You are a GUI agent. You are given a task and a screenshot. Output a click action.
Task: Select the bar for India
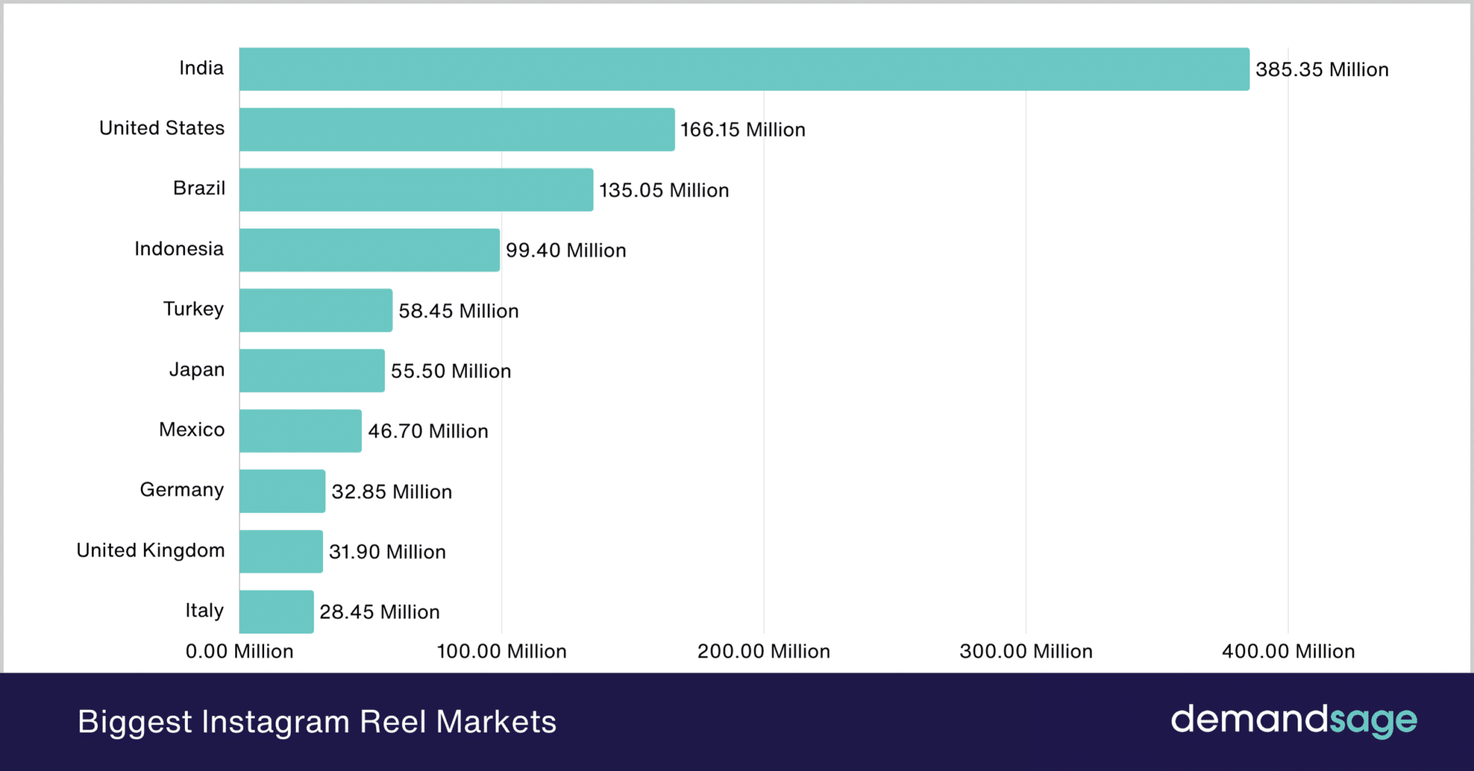tap(744, 69)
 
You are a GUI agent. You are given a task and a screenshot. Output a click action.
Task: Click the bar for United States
tap(457, 130)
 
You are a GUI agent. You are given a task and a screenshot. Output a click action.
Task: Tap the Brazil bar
tap(416, 190)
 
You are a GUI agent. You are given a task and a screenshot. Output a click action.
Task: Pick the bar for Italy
tap(276, 612)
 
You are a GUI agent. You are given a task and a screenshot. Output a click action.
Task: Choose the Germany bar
tap(282, 491)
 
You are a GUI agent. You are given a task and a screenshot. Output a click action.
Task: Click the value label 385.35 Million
tap(1322, 70)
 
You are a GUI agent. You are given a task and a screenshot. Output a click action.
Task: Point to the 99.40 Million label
tap(566, 251)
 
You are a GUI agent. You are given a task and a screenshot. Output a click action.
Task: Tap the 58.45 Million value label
tap(458, 311)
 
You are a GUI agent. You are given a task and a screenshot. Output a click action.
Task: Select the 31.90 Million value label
tap(387, 552)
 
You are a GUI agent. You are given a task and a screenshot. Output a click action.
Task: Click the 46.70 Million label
tap(428, 431)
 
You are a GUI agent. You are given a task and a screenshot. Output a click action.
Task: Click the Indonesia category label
tap(179, 249)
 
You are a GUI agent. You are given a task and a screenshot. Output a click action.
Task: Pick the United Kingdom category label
tap(150, 551)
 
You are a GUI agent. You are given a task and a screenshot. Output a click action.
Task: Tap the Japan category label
tap(196, 370)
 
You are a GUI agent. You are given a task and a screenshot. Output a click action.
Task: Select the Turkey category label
tap(193, 310)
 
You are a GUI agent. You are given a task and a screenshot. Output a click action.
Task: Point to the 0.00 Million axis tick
tap(240, 651)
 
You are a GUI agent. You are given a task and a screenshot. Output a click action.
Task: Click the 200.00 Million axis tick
tap(764, 651)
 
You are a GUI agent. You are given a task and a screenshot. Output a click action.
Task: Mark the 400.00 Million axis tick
tap(1288, 651)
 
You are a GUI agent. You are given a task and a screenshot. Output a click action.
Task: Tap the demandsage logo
tap(1293, 721)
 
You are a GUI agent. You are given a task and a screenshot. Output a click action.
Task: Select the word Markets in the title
tap(497, 722)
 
